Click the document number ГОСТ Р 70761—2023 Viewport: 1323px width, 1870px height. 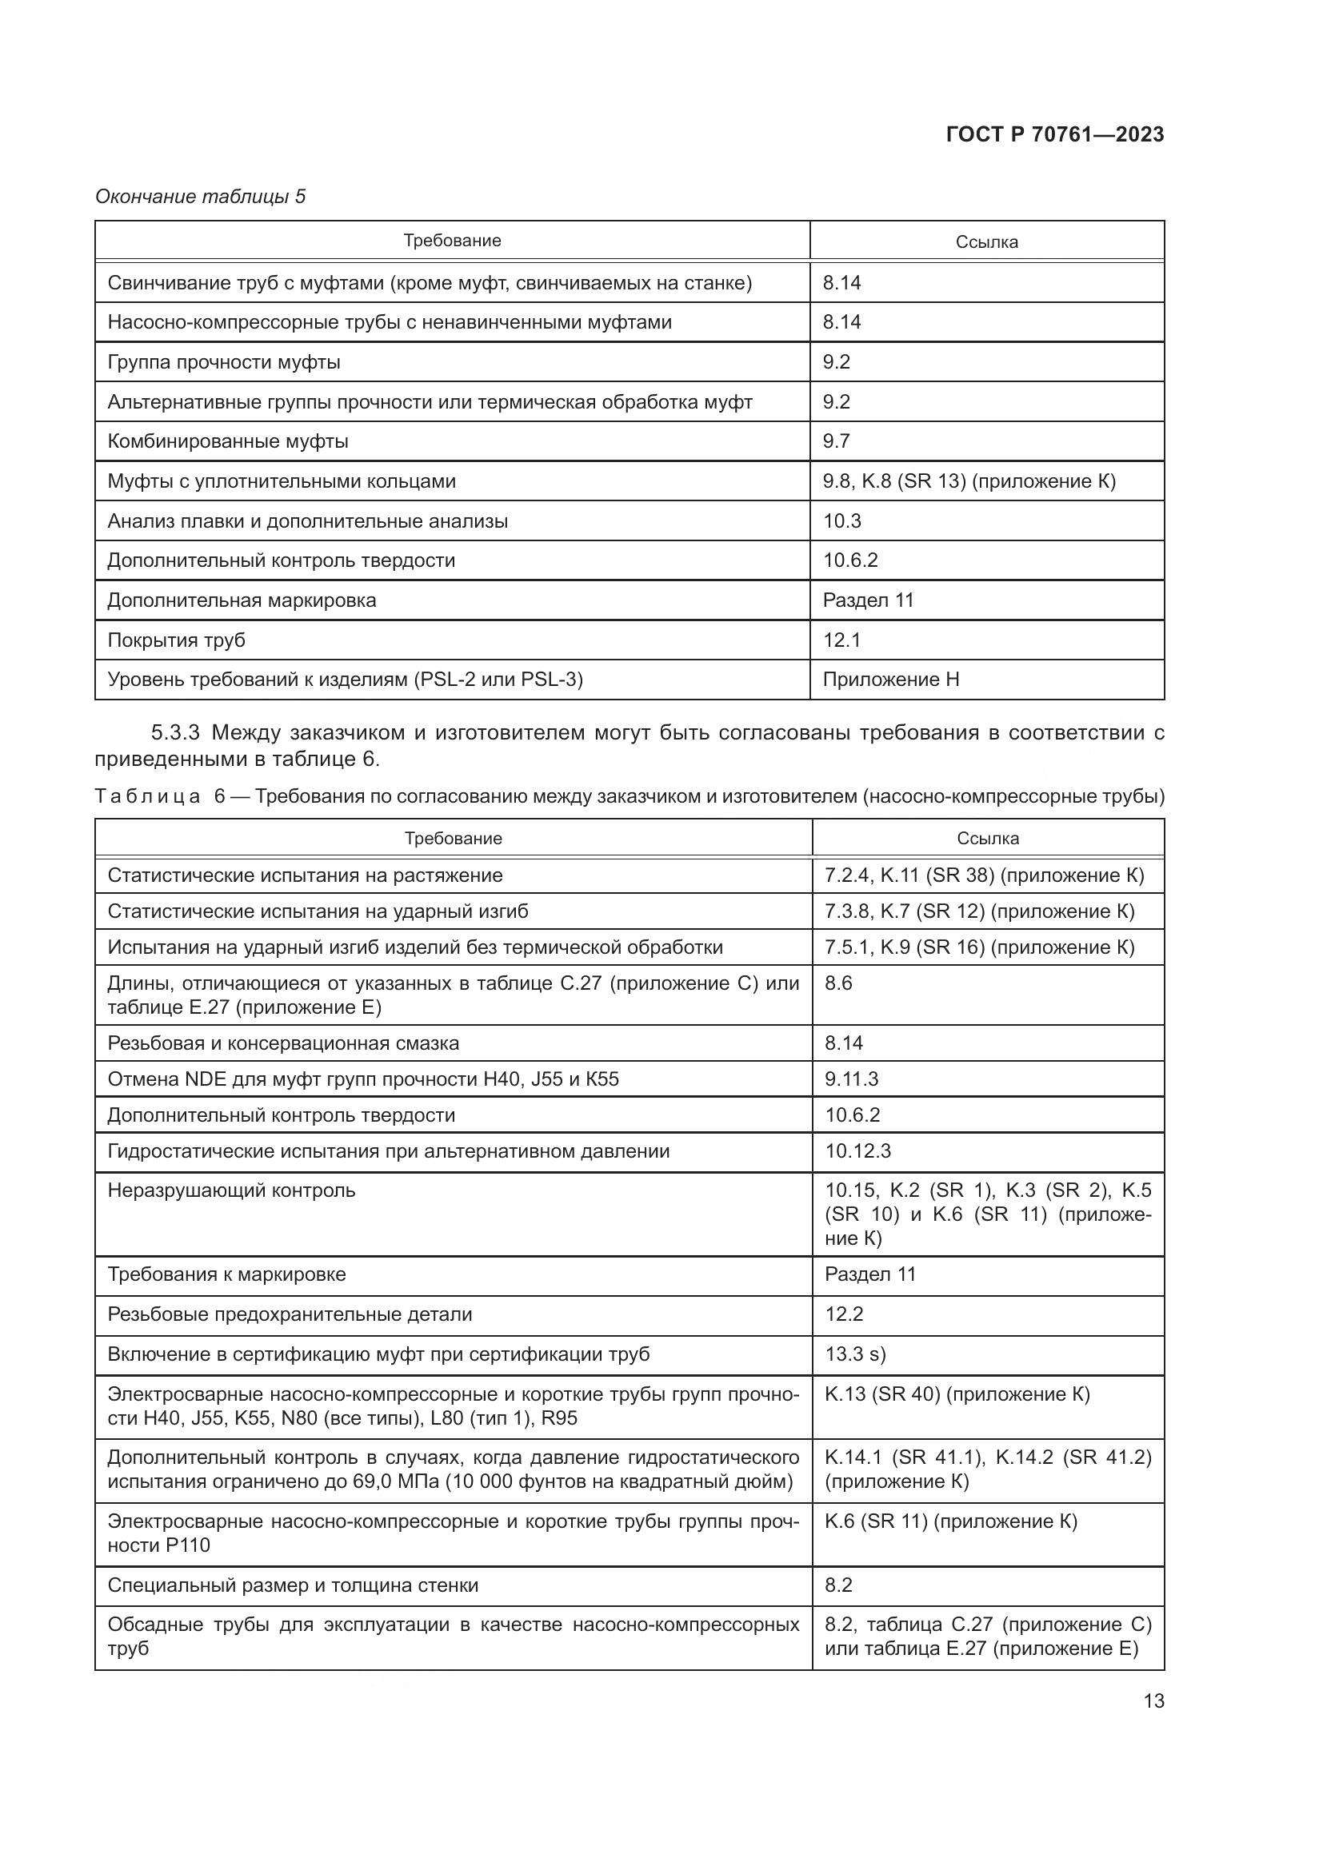click(x=1055, y=134)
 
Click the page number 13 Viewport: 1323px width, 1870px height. click(x=1153, y=1701)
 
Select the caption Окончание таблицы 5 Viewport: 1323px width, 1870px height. click(x=201, y=197)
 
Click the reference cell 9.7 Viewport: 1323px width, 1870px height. click(x=837, y=441)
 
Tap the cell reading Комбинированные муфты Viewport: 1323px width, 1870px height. click(x=228, y=441)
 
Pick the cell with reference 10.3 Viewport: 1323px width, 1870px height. click(x=842, y=521)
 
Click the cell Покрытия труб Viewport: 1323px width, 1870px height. click(x=177, y=640)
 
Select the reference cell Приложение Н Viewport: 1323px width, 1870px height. click(x=891, y=680)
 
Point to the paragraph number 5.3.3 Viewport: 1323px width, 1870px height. click(x=175, y=733)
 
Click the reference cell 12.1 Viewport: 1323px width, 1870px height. click(x=842, y=640)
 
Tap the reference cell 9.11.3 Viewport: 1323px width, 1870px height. click(x=852, y=1079)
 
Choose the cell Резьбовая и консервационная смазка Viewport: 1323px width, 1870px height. click(x=283, y=1043)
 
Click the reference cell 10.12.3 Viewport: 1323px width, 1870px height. click(x=857, y=1150)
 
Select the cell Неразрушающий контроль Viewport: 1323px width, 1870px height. click(x=232, y=1190)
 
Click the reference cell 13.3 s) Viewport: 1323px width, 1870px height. click(x=855, y=1354)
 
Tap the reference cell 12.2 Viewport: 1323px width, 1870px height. click(x=844, y=1314)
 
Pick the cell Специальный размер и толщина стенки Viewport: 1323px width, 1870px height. click(x=294, y=1585)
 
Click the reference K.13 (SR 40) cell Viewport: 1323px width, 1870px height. click(x=957, y=1394)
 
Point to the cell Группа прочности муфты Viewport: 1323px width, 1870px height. click(x=224, y=362)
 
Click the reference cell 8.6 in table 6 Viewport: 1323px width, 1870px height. click(x=838, y=983)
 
